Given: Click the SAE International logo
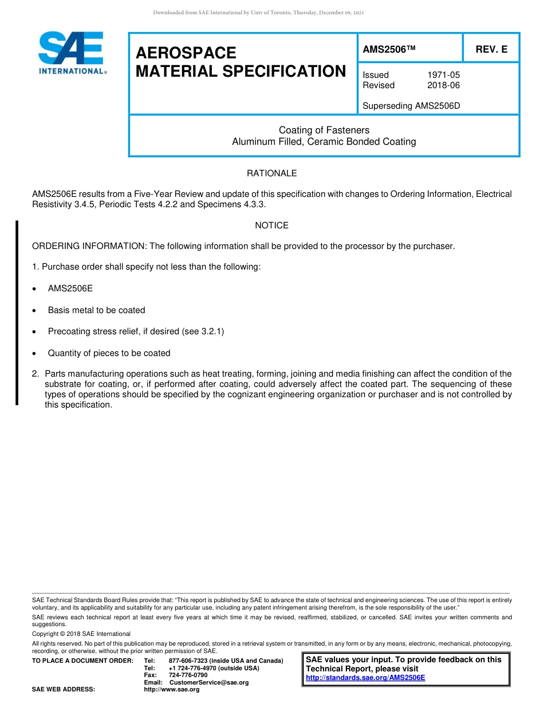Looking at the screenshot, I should [x=72, y=53].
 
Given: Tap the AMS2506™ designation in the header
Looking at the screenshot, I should [x=388, y=49].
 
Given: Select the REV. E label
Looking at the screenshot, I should [x=491, y=49].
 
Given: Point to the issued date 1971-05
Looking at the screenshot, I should [x=443, y=75].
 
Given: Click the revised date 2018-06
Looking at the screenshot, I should [x=443, y=85].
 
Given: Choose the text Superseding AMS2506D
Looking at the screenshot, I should [x=411, y=106].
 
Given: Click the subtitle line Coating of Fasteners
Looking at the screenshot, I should [x=324, y=130].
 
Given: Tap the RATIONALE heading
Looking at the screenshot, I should [x=271, y=173].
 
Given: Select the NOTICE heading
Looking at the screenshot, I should [x=271, y=226].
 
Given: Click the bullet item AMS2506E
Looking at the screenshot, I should [x=70, y=288].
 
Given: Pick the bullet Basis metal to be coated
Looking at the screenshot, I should [x=96, y=310].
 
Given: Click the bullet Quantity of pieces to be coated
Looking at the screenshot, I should [x=109, y=353].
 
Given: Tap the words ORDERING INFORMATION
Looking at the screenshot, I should [x=89, y=246].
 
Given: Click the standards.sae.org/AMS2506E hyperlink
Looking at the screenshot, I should [x=365, y=678].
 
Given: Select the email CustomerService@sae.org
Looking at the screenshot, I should [x=209, y=682].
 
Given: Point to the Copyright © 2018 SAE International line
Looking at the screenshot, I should [x=81, y=634].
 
